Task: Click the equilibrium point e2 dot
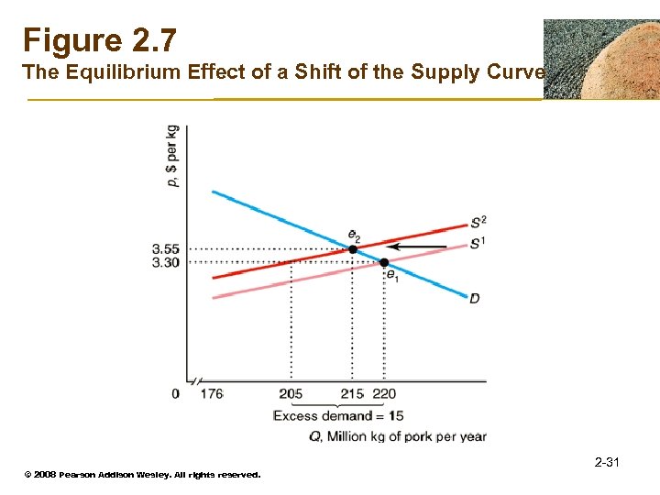pyautogui.click(x=353, y=248)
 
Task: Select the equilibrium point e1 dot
pyautogui.click(x=384, y=262)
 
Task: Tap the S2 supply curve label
pyautogui.click(x=478, y=222)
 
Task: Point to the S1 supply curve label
pyautogui.click(x=478, y=243)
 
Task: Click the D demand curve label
pyautogui.click(x=474, y=299)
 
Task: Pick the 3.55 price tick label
pyautogui.click(x=166, y=248)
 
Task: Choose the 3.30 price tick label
pyautogui.click(x=166, y=262)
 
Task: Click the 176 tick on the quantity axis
pyautogui.click(x=211, y=394)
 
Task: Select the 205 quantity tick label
pyautogui.click(x=291, y=394)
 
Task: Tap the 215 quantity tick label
pyautogui.click(x=352, y=394)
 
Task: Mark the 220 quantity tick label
pyautogui.click(x=385, y=394)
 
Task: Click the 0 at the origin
pyautogui.click(x=175, y=394)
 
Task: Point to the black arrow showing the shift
pyautogui.click(x=417, y=246)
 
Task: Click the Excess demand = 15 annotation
pyautogui.click(x=338, y=415)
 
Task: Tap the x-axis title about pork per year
pyautogui.click(x=397, y=436)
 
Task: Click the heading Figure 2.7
pyautogui.click(x=99, y=40)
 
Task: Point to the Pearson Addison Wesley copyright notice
pyautogui.click(x=142, y=475)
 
